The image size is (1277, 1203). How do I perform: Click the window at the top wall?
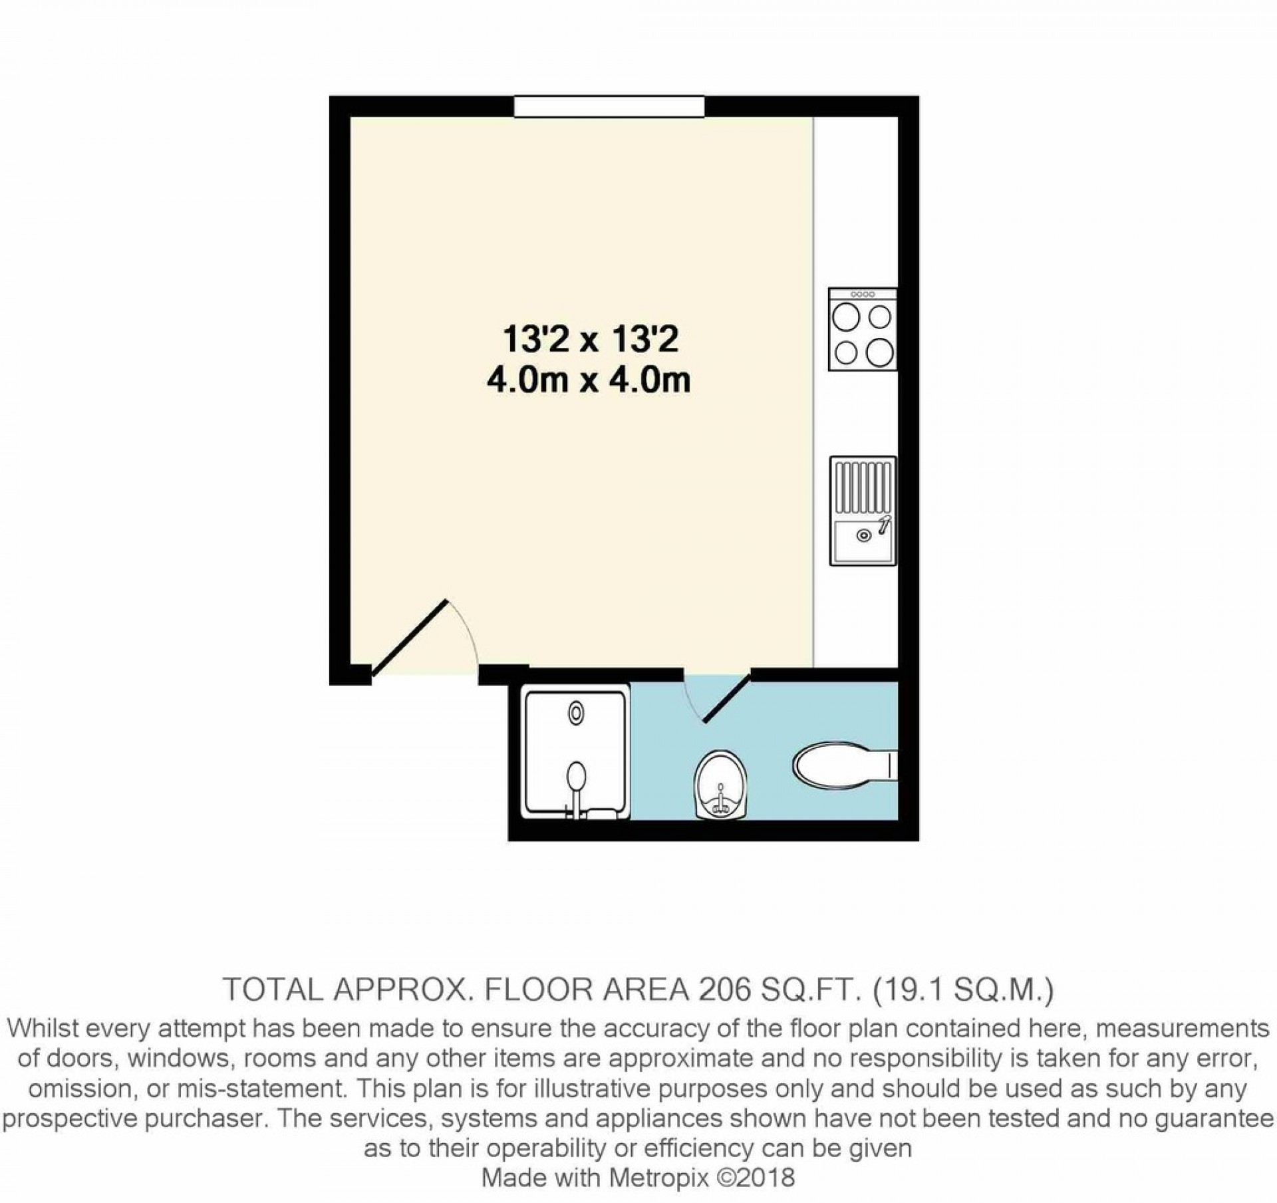(x=609, y=106)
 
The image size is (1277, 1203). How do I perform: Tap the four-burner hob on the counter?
(x=863, y=330)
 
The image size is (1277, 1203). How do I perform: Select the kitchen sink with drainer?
(x=863, y=511)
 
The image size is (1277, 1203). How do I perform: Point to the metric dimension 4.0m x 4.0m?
(x=589, y=381)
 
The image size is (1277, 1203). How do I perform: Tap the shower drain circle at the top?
(x=576, y=714)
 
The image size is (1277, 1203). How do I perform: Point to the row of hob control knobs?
(x=863, y=294)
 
